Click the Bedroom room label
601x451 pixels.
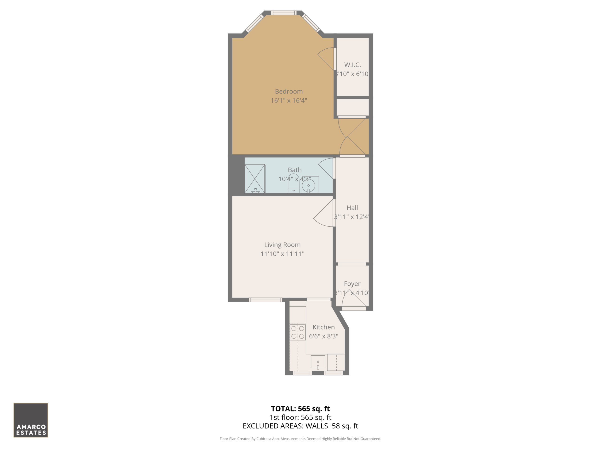pos(289,92)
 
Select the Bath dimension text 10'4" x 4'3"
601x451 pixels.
pos(295,179)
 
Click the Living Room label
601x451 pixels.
pos(282,245)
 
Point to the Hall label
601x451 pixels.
pos(352,208)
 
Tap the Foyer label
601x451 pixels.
pos(352,284)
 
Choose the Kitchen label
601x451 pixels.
pos(324,327)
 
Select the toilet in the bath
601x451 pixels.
pos(293,184)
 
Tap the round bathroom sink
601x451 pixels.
pos(308,186)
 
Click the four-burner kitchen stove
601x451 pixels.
pos(297,332)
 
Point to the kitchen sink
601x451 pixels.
pos(318,362)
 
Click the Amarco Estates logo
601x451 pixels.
pos(31,420)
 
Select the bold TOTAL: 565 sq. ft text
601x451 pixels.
pos(300,408)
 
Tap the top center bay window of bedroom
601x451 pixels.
pos(284,12)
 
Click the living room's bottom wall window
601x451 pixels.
pos(266,300)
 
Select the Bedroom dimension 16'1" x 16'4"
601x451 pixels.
pos(289,101)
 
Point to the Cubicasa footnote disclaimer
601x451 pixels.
pos(300,439)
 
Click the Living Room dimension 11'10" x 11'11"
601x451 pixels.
pos(282,254)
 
